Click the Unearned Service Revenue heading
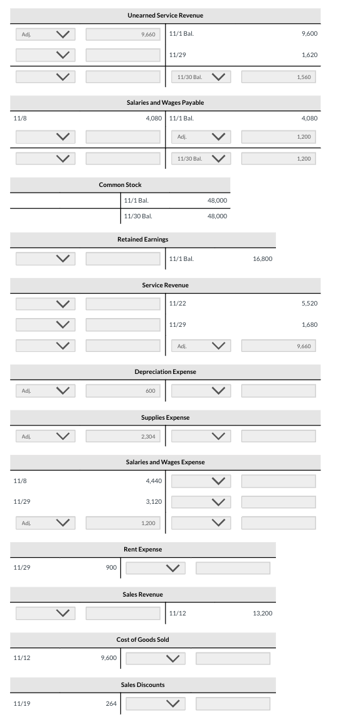(x=165, y=15)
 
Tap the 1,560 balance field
(x=278, y=77)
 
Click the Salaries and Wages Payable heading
(x=165, y=102)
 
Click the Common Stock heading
(x=120, y=184)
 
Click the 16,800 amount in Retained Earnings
(x=262, y=258)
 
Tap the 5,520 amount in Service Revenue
(x=309, y=303)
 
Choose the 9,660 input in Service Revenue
(x=278, y=346)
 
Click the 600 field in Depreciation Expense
(x=123, y=391)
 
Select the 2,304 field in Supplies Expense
(x=123, y=436)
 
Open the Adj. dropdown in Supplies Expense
(x=46, y=436)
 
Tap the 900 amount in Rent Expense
(x=111, y=567)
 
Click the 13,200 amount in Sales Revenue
(x=262, y=612)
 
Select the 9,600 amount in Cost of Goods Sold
(x=109, y=658)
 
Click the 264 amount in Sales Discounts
(x=111, y=703)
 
